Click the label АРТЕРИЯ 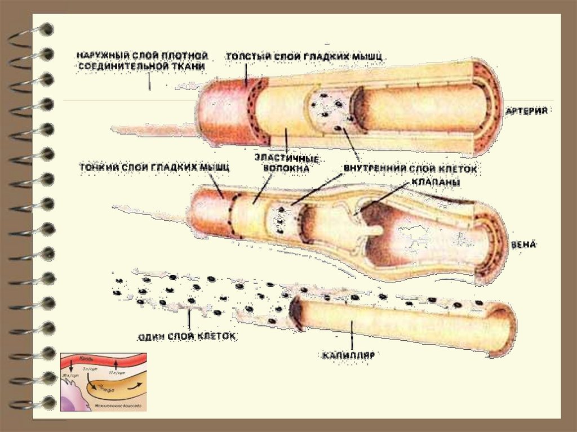[x=533, y=111]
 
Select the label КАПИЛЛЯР [x=349, y=355]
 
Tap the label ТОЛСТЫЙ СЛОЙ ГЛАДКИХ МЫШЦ [x=305, y=56]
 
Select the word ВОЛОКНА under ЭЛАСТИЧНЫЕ [x=286, y=167]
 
